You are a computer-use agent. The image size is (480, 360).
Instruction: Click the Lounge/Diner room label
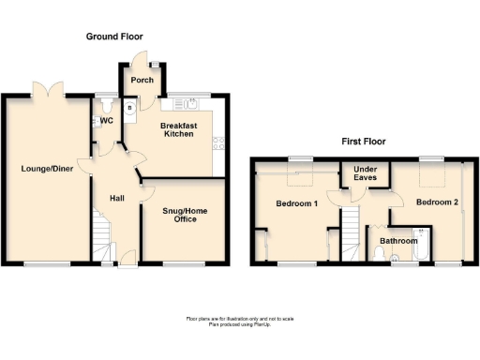[x=43, y=170]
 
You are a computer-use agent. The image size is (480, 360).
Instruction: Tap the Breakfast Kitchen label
[x=176, y=129]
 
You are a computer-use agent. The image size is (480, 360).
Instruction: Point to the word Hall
[x=117, y=198]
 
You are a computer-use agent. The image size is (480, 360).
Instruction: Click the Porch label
[x=142, y=80]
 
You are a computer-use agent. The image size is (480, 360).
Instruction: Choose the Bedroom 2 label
[x=437, y=202]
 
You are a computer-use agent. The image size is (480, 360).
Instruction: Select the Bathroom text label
[x=397, y=240]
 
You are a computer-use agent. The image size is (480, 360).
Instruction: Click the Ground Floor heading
[x=115, y=37]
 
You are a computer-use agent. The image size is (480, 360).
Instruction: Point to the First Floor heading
[x=363, y=142]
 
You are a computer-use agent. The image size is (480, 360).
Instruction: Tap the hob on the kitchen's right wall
[x=219, y=143]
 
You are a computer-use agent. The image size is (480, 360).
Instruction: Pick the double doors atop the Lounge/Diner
[x=46, y=90]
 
